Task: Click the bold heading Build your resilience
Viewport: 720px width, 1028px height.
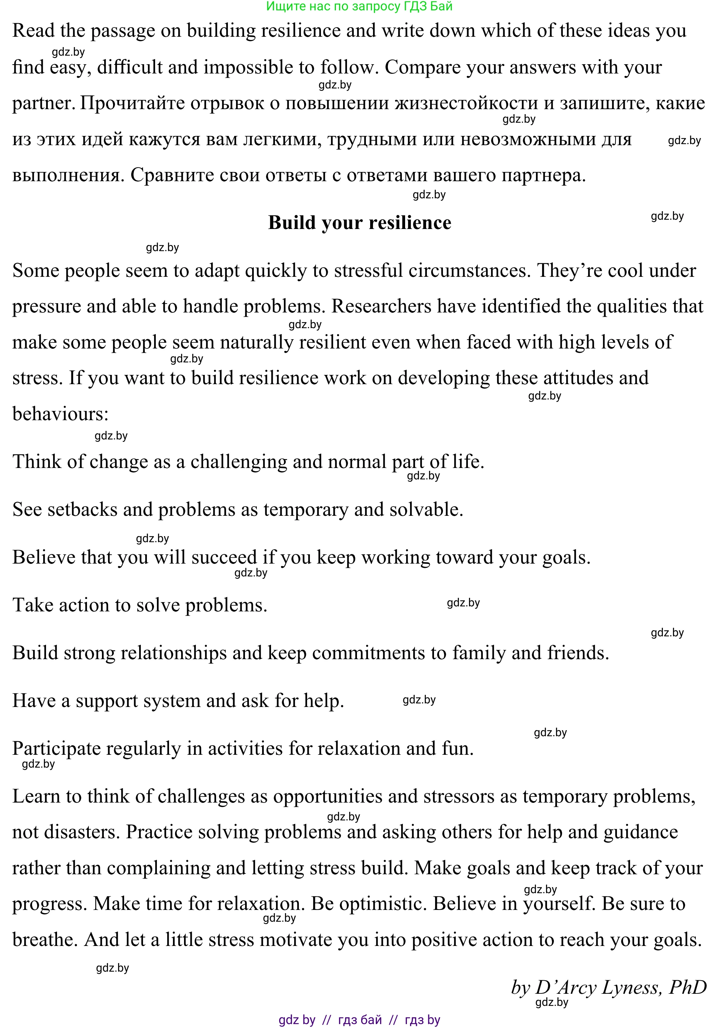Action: [359, 223]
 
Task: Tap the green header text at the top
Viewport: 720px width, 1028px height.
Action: [359, 6]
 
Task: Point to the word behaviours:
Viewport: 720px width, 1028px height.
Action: [61, 414]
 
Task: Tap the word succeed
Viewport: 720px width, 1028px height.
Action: [224, 558]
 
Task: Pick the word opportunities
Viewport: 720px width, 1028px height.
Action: [327, 797]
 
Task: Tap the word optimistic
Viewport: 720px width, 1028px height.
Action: [383, 904]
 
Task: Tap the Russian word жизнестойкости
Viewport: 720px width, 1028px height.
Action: [466, 103]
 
